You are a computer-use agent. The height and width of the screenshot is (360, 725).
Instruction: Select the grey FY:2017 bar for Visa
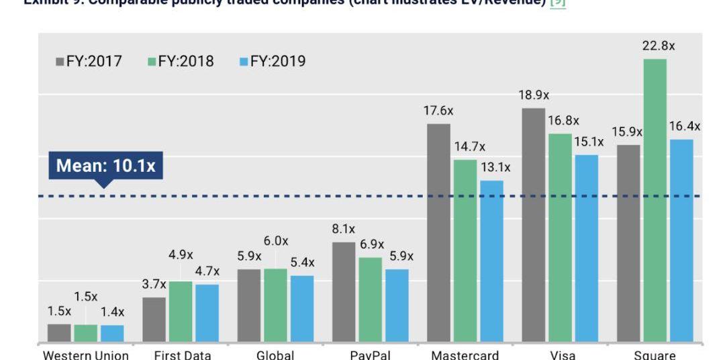click(534, 225)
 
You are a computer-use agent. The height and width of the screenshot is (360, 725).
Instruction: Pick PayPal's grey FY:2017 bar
click(344, 291)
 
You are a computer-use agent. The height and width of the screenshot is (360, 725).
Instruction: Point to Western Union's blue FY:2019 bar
click(112, 333)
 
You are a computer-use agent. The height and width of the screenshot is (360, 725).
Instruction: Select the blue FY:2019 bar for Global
click(302, 308)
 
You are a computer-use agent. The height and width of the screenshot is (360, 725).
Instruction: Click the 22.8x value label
click(659, 46)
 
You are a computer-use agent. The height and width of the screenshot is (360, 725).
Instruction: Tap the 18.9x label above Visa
click(534, 95)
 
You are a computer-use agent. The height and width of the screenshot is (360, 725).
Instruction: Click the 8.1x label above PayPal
click(343, 229)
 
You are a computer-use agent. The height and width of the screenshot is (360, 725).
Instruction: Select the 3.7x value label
click(154, 284)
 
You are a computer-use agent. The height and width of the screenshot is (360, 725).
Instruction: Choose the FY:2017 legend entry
click(89, 62)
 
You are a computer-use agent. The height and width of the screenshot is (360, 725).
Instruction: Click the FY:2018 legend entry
click(181, 62)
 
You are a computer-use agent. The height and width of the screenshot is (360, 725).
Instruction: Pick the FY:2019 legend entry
click(273, 62)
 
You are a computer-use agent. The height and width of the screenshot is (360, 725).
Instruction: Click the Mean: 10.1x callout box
click(105, 166)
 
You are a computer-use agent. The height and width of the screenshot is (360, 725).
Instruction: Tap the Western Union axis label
click(86, 355)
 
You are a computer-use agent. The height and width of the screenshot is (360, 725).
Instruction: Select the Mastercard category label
click(465, 355)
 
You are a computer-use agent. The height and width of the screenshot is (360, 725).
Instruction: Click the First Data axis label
click(183, 355)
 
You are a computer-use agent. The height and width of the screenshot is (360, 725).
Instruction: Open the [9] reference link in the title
click(558, 3)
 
